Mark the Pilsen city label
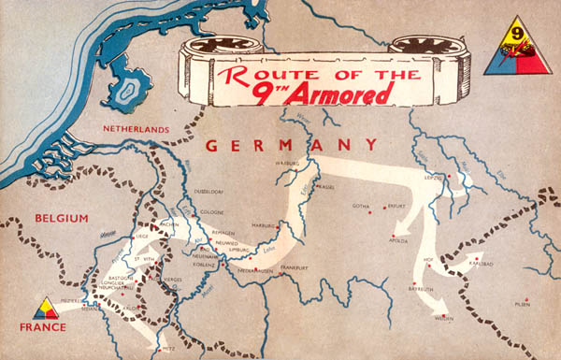pos(521,305)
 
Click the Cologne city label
pos(211,212)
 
